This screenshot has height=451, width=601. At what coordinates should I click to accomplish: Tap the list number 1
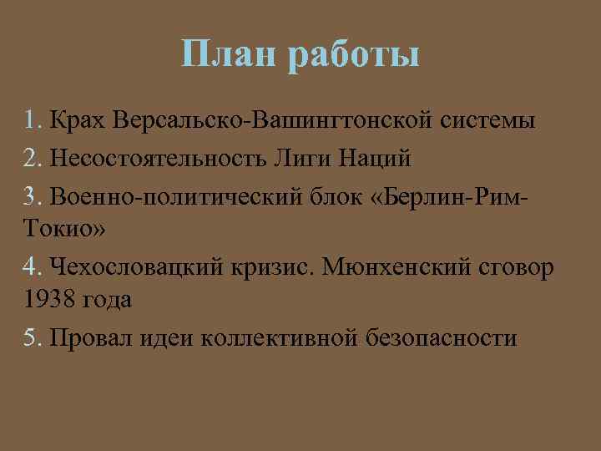click(32, 120)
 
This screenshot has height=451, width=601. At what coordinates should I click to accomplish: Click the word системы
click(493, 121)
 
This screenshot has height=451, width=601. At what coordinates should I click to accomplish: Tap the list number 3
click(33, 195)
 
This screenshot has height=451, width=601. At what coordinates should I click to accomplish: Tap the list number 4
click(33, 266)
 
